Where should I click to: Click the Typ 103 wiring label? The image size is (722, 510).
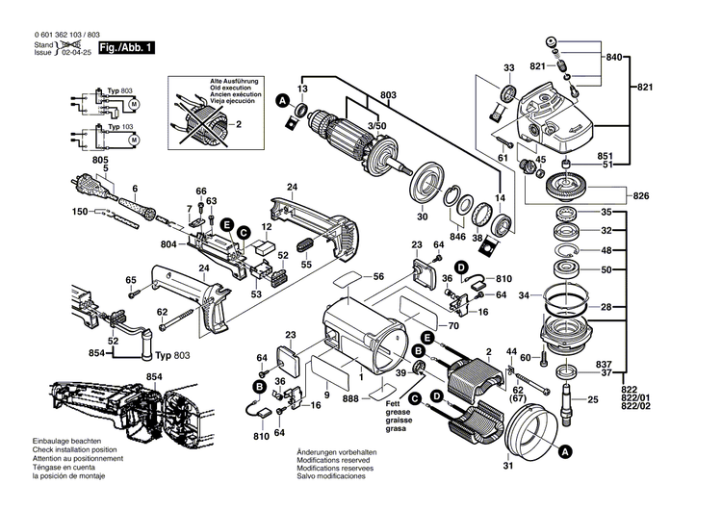119,126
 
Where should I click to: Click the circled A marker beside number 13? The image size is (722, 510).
282,100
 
